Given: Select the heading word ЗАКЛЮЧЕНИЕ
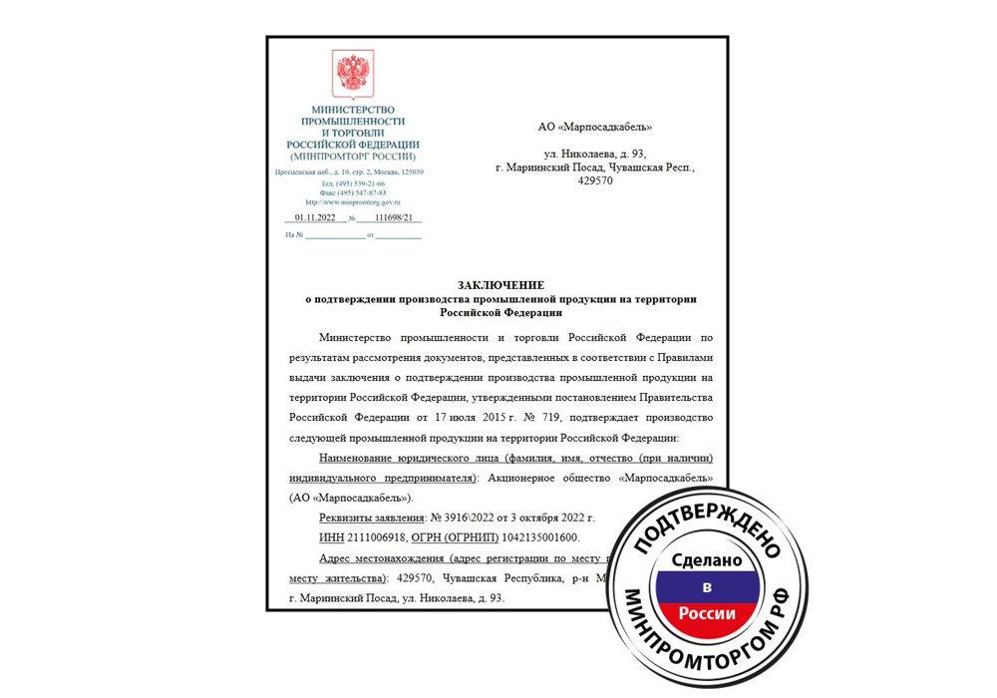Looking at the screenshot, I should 497,285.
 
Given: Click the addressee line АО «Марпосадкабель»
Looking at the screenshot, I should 594,127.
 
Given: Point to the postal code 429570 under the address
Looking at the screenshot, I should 595,181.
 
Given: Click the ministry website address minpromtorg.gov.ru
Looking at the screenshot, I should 351,201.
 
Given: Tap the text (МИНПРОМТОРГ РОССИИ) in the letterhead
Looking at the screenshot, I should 352,157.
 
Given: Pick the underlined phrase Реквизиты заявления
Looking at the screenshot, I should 368,518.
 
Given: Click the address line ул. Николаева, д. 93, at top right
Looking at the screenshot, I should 594,154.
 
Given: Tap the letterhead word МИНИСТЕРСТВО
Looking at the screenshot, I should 353,109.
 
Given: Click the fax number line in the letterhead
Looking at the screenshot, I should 352,192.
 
